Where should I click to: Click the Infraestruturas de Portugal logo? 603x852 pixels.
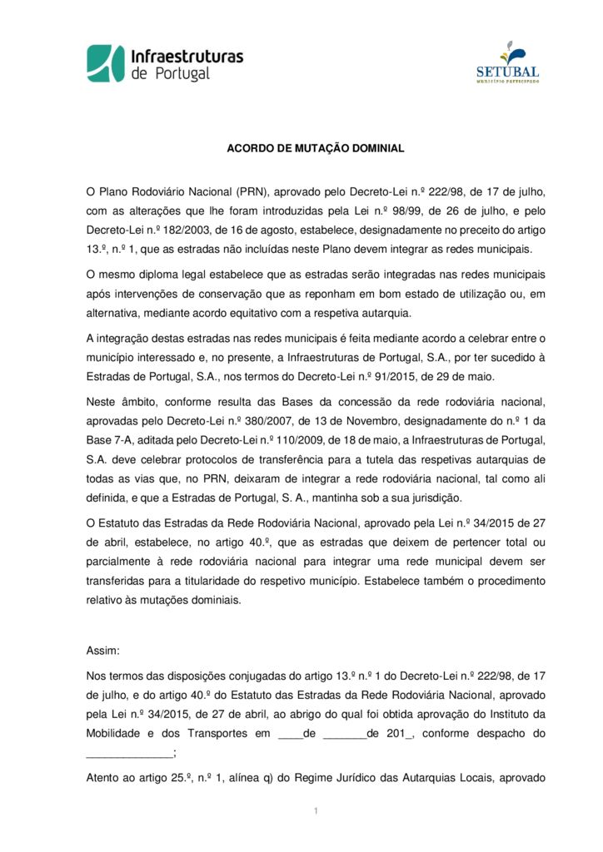point(165,63)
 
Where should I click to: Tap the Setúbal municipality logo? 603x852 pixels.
point(507,62)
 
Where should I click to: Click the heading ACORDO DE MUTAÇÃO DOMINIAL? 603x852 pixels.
point(316,148)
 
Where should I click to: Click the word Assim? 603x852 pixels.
point(102,650)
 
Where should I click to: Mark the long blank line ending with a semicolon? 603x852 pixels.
point(131,752)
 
